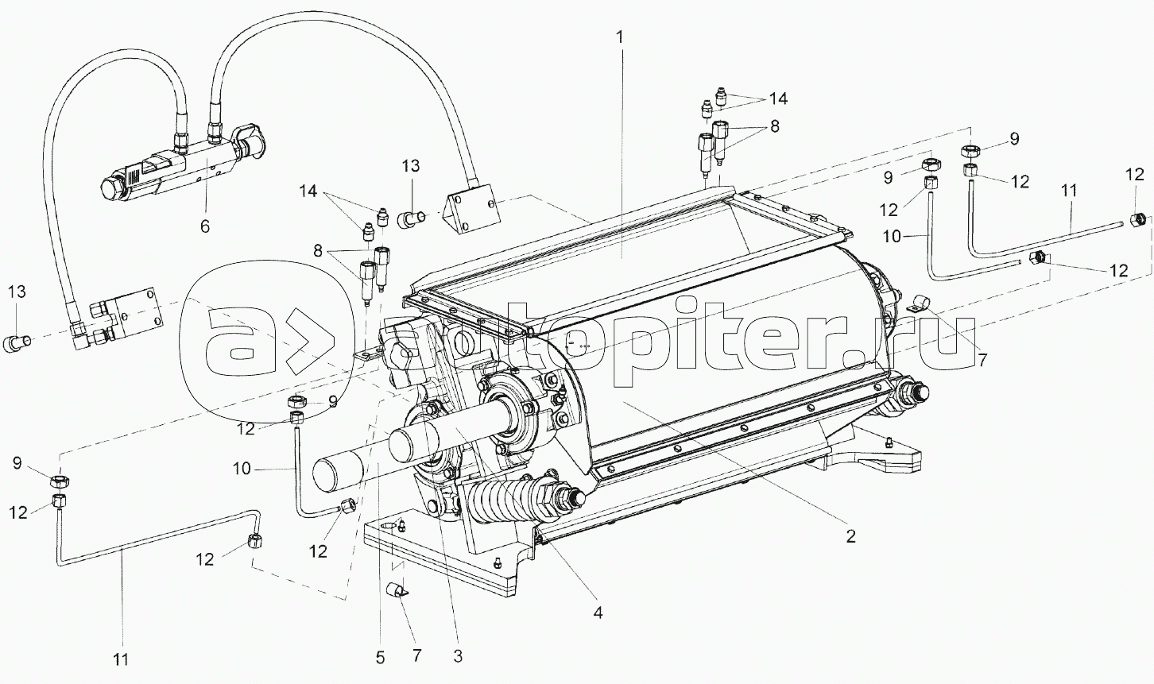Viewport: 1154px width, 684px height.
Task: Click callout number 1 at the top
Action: click(620, 37)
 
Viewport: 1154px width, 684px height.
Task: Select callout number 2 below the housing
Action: click(850, 536)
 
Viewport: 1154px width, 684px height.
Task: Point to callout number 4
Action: click(598, 613)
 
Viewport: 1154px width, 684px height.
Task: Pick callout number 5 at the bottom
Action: click(380, 658)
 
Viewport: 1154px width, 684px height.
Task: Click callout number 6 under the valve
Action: click(205, 226)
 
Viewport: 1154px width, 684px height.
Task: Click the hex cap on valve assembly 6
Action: click(110, 190)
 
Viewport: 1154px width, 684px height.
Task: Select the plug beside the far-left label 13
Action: click(17, 342)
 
